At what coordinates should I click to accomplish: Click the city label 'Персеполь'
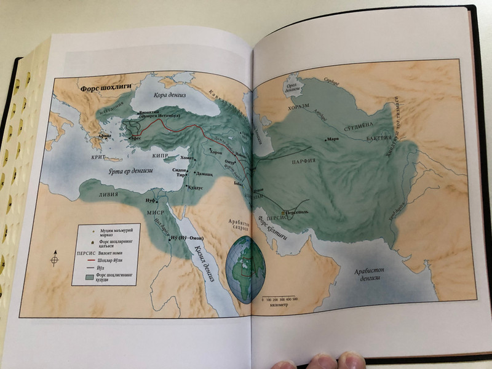pos(305,211)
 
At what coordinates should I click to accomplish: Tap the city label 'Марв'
pos(333,139)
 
